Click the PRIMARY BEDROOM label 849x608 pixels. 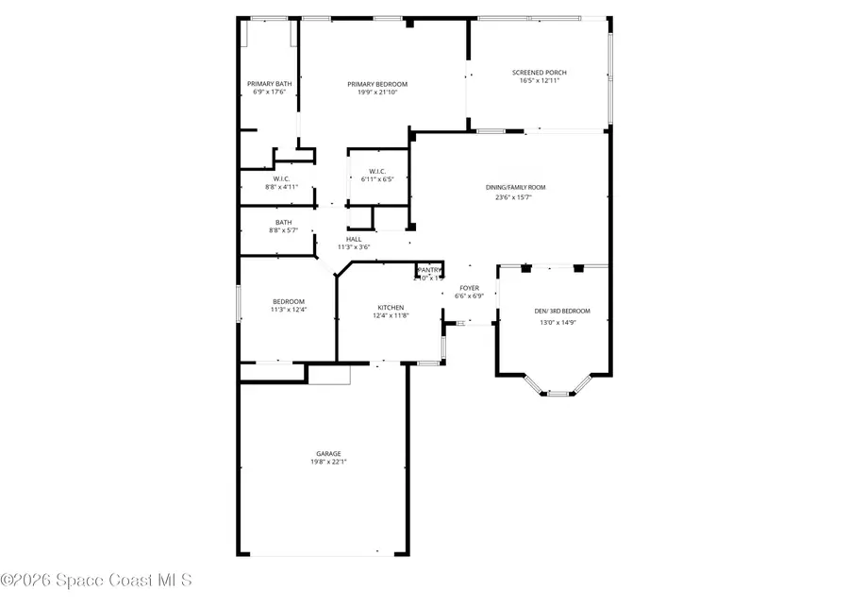(383, 84)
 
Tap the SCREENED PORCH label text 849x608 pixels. (540, 72)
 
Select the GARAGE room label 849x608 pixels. (329, 453)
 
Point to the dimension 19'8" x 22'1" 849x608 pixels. (329, 462)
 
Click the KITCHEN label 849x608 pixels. (391, 308)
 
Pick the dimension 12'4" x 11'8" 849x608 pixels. (391, 316)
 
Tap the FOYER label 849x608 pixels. (470, 287)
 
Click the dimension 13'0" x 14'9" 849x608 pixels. (557, 322)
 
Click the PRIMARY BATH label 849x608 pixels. (270, 83)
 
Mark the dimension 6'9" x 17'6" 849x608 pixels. (270, 92)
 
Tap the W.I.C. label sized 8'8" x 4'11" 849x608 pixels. (281, 178)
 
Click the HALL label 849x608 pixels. (354, 239)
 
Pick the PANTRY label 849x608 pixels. (429, 269)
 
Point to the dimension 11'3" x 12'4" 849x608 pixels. (289, 310)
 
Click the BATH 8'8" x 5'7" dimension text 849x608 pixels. (284, 230)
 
